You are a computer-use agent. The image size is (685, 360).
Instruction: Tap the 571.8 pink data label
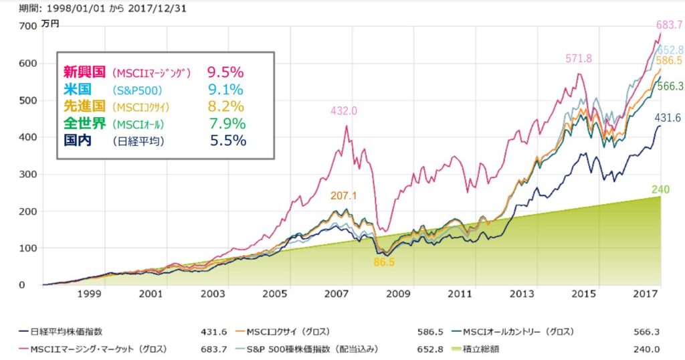click(579, 59)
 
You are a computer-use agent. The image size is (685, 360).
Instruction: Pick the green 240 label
click(661, 190)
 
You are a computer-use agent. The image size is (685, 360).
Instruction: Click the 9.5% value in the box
click(225, 71)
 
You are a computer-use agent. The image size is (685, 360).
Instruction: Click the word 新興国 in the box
click(84, 72)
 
